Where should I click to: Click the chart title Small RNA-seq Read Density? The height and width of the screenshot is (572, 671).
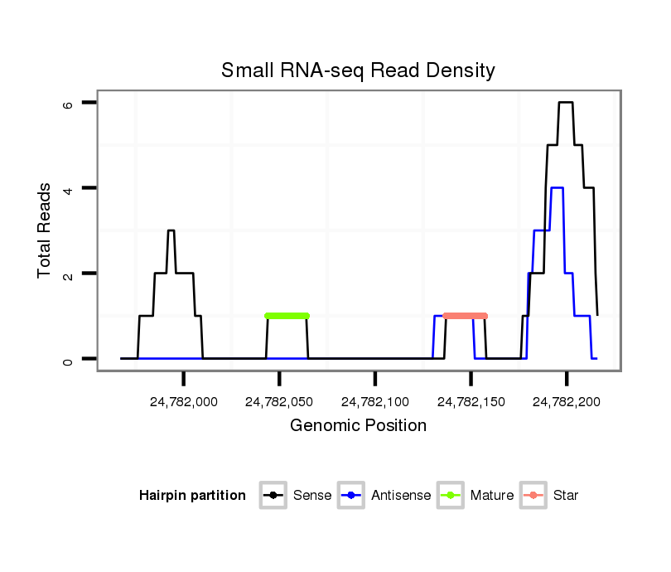358,70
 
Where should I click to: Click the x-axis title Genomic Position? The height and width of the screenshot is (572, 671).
358,426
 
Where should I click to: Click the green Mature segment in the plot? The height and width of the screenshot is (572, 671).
287,316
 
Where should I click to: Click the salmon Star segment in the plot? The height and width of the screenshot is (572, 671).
465,316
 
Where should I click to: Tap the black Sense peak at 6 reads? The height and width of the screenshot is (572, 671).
566,103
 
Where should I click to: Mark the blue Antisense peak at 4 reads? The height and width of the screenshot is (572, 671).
557,188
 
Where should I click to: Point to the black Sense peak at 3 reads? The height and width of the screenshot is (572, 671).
171,230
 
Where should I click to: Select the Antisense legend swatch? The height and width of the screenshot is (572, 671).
353,496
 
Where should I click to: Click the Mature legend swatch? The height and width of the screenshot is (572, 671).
451,496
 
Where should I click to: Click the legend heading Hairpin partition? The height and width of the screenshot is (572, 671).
192,496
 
